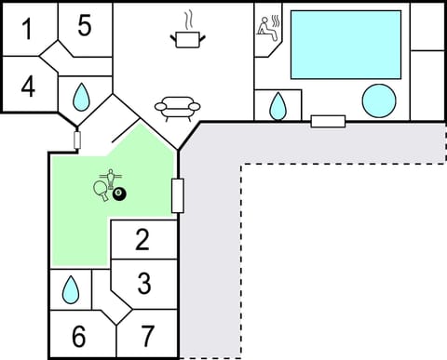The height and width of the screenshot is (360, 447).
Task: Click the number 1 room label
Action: click(x=27, y=30)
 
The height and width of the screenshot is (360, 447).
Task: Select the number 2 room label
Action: click(x=142, y=240)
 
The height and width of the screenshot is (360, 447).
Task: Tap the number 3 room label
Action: click(x=143, y=282)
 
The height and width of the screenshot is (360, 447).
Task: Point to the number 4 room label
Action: click(x=28, y=87)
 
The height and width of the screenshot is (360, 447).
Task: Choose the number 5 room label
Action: click(x=84, y=26)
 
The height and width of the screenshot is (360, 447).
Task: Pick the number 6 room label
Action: click(x=78, y=336)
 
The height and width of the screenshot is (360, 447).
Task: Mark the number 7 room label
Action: click(x=148, y=336)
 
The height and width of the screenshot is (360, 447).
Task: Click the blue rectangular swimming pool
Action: click(x=345, y=45)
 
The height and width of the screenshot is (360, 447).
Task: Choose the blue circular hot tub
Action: click(x=378, y=100)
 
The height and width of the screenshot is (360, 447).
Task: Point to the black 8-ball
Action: click(x=119, y=193)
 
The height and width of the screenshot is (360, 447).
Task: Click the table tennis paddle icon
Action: click(x=101, y=190)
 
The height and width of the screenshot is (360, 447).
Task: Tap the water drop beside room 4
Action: click(x=81, y=96)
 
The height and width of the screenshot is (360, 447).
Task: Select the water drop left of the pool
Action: click(x=278, y=107)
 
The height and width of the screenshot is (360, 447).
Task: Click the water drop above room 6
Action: click(x=71, y=290)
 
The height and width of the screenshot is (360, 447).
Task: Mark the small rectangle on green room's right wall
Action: click(x=177, y=195)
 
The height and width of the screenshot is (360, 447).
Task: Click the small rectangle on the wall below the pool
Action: click(x=328, y=121)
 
